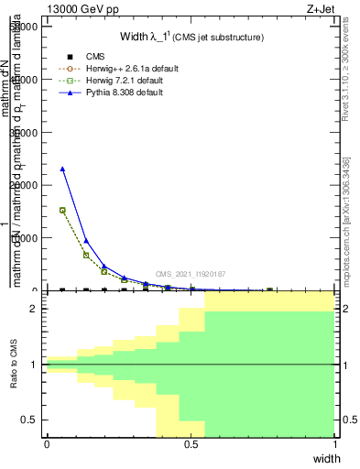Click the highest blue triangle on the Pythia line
point(62,169)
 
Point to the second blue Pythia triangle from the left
point(86,241)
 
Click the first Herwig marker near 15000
point(62,210)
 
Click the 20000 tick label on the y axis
point(26,185)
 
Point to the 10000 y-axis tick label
point(26,238)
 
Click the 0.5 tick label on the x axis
point(191,444)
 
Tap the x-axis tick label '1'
point(335,444)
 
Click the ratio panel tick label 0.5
point(30,420)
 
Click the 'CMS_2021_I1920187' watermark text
point(190,274)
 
